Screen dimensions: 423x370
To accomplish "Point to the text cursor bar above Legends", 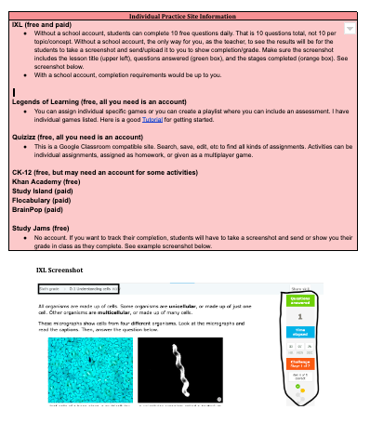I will (x=14, y=89).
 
